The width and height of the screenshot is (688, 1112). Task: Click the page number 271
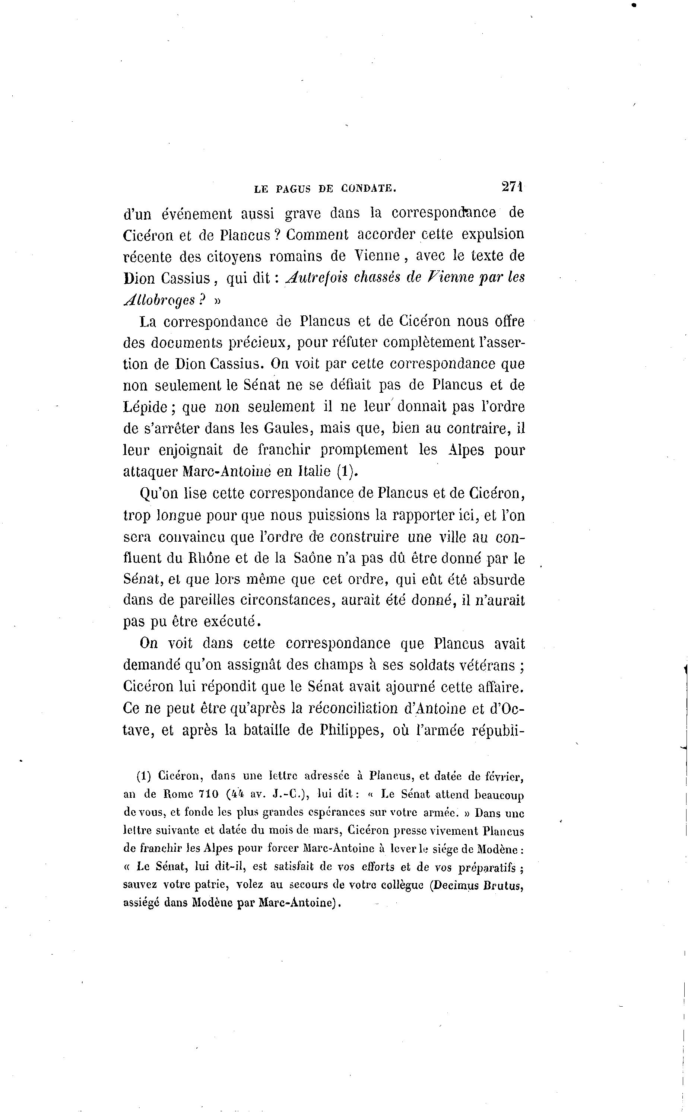tap(512, 187)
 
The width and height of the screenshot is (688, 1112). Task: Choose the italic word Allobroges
tap(160, 300)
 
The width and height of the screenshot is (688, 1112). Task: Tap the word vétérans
tap(486, 665)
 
